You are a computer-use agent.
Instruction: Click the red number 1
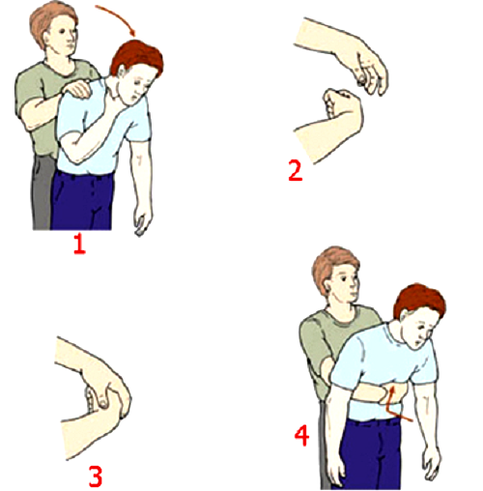[80, 245]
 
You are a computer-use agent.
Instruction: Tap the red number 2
[296, 171]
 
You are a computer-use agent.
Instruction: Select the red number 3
[96, 477]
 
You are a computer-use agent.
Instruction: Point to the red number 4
[302, 436]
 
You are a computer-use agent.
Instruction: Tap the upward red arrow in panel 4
[393, 403]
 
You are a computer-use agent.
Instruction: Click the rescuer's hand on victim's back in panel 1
[78, 89]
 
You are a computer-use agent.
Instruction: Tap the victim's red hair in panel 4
[418, 300]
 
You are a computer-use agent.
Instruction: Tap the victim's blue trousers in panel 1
[81, 201]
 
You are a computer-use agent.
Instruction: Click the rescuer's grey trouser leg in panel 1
[42, 193]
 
